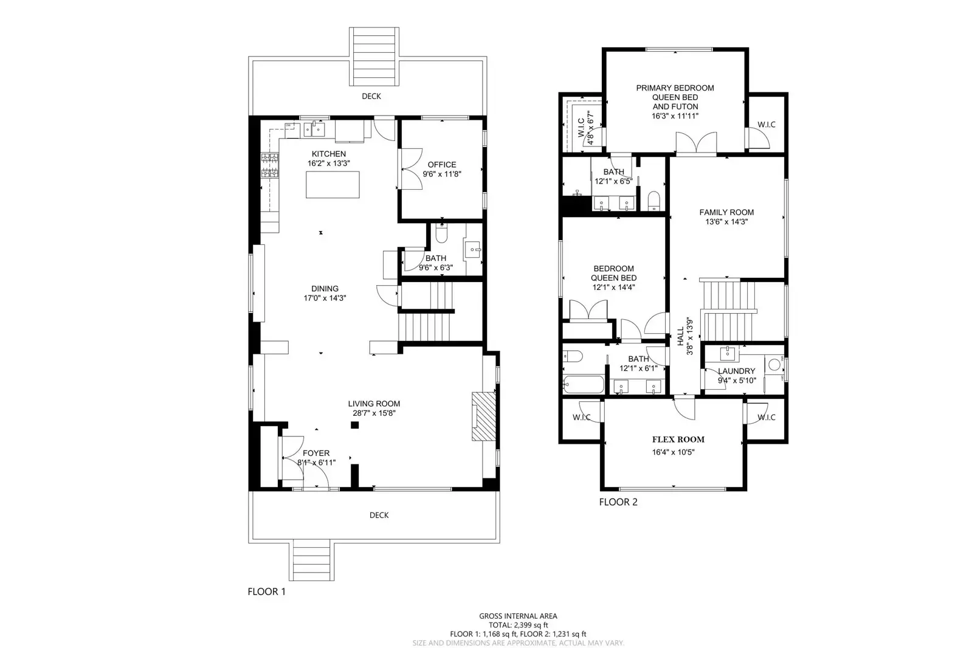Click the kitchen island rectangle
[332, 185]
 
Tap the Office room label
[442, 165]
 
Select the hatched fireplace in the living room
[484, 416]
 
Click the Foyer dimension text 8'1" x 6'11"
[316, 463]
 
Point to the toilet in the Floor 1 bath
[442, 233]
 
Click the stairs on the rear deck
[374, 57]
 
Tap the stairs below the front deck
[312, 560]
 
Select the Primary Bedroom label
[675, 88]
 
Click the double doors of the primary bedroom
[696, 144]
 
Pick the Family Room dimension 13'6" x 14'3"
[726, 222]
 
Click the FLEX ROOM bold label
[678, 439]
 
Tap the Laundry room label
[736, 371]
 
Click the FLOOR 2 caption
[618, 502]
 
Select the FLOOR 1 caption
[266, 591]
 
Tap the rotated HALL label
[680, 337]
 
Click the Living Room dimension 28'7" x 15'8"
[374, 413]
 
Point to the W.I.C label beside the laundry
[767, 418]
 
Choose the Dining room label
[325, 289]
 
